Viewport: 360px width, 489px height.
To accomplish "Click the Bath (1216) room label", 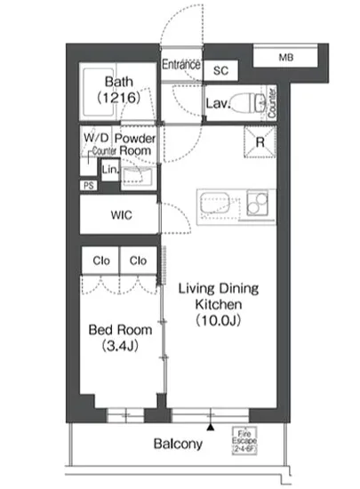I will coord(119,90).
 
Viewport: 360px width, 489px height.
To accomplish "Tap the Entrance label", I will coord(181,63).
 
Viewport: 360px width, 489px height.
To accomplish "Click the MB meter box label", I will coord(284,58).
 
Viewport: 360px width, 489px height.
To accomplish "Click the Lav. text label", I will coord(219,104).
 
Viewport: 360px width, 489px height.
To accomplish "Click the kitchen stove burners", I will coord(259,203).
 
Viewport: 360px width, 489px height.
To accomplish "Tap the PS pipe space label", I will coord(88,185).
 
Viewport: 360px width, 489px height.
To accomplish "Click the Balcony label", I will coord(178,444).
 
